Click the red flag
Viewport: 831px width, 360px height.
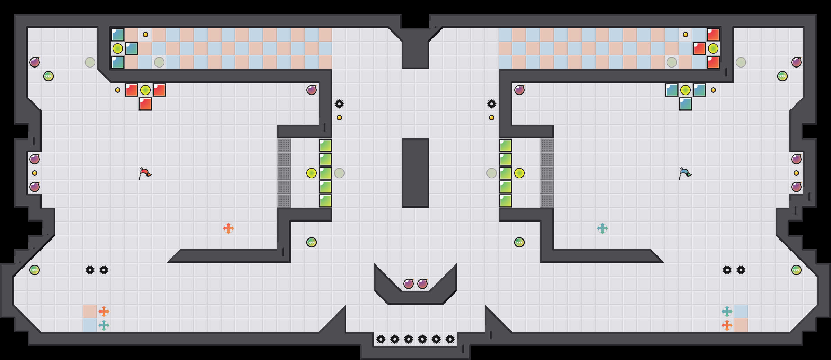[x=145, y=173]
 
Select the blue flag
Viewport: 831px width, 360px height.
[x=685, y=173]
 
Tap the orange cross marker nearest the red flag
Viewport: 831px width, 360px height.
[x=229, y=228]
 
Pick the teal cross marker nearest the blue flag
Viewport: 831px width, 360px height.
[x=602, y=228]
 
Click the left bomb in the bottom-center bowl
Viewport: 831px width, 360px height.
[x=409, y=284]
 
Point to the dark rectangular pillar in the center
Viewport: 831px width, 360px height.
[x=415, y=173]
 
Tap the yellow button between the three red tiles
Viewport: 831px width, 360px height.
[x=145, y=90]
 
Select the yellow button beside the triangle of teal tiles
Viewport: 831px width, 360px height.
[x=686, y=90]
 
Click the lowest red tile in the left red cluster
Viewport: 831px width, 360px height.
[x=145, y=104]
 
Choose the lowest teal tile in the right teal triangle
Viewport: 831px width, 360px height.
[x=686, y=104]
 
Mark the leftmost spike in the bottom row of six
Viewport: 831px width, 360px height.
[x=381, y=339]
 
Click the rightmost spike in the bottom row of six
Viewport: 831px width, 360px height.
[x=450, y=339]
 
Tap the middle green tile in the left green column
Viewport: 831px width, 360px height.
[x=325, y=173]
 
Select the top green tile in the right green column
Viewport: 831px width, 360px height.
[x=506, y=145]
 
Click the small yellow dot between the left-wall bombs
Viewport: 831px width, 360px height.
[x=35, y=173]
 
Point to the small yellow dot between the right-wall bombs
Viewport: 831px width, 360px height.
[x=796, y=173]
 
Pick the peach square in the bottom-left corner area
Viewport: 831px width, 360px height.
[x=90, y=312]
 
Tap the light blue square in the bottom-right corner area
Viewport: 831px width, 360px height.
[x=741, y=312]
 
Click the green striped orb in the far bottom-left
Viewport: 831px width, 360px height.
[x=35, y=270]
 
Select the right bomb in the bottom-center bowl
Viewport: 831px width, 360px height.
[x=422, y=284]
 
